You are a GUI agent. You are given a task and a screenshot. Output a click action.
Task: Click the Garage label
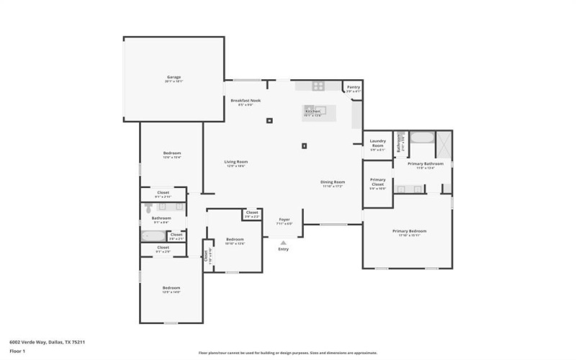(174, 77)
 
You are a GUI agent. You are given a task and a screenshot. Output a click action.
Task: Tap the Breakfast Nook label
(246, 101)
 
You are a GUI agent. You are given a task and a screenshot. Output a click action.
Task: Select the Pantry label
(353, 87)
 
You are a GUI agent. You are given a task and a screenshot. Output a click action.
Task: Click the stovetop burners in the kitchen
(319, 86)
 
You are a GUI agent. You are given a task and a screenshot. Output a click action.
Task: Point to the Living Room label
(235, 162)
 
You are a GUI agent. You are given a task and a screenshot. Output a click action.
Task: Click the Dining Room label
(333, 182)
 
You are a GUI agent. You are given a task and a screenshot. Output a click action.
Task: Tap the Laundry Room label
(377, 143)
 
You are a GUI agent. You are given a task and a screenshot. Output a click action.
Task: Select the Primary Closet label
(377, 181)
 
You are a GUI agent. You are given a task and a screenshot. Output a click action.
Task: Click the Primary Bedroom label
(409, 231)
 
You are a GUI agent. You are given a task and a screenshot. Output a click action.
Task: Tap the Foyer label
(284, 220)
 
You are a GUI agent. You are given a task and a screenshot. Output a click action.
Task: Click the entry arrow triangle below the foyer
(283, 243)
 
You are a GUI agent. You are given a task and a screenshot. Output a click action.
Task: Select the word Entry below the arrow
(283, 249)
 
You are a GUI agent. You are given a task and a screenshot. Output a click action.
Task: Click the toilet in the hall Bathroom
(149, 208)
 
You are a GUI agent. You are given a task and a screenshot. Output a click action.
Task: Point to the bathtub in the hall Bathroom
(153, 235)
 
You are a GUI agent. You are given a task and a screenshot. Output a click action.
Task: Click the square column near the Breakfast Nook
(270, 121)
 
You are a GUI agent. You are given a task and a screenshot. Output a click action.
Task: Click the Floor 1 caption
(17, 351)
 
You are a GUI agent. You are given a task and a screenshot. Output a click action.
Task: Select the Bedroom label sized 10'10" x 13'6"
(235, 240)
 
